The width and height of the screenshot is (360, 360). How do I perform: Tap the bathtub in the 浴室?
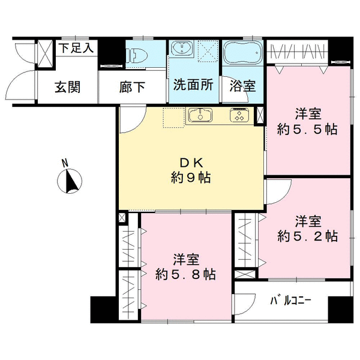tap(242, 53)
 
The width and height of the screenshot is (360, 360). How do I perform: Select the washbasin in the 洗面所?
tap(183, 49)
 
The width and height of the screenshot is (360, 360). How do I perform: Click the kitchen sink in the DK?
tap(200, 115)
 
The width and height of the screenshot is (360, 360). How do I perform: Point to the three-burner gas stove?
tap(239, 115)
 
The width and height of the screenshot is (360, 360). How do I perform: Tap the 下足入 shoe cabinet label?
tap(76, 48)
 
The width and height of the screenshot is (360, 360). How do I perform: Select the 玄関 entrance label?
tap(67, 87)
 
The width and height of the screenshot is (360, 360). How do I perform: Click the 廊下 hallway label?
tap(132, 87)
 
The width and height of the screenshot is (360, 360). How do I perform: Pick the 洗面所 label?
tap(193, 85)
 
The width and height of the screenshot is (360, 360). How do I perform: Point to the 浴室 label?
tap(242, 86)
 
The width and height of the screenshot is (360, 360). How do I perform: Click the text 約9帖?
tap(191, 178)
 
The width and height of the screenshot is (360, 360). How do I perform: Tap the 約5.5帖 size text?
tap(307, 129)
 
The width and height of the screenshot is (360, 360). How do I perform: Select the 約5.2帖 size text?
tap(307, 236)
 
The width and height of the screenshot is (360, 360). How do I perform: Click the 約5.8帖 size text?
tap(185, 274)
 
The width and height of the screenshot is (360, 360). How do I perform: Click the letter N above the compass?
tap(65, 163)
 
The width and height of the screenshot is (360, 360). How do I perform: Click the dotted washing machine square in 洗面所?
tap(208, 51)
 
